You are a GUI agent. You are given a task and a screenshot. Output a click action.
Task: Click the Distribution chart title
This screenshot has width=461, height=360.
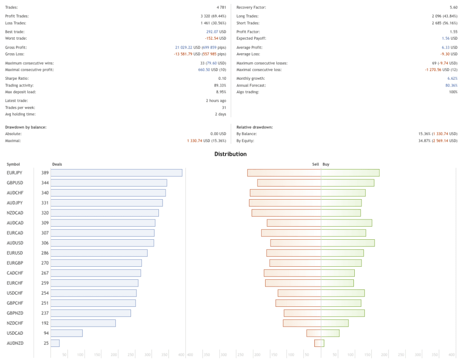pos(230,154)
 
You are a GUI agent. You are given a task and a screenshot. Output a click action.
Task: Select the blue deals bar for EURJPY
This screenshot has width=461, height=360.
pos(117,173)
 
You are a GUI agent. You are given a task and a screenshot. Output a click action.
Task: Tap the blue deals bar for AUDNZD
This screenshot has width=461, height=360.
pos(55,343)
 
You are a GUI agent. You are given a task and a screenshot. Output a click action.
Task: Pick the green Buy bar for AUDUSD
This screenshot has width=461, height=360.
pos(348,243)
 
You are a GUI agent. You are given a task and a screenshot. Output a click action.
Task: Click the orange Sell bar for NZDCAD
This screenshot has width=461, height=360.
pos(286,213)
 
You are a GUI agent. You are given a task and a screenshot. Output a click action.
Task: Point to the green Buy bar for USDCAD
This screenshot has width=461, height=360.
pos(330,333)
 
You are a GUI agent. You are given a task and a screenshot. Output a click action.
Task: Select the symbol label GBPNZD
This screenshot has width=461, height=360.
pos(15,313)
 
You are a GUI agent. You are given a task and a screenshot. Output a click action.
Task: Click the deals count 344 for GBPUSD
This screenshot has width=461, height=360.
pos(45,183)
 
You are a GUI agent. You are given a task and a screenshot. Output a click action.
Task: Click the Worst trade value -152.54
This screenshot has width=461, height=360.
pos(211,38)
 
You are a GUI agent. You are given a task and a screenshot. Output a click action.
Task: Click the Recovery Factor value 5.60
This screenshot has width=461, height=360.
pos(453,8)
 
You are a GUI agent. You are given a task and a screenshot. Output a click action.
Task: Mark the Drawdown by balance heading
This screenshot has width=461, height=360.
pos(26,127)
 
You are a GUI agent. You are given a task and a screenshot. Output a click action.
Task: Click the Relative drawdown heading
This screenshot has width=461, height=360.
pos(254,127)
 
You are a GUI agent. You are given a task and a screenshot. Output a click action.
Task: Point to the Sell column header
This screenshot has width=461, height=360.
pos(316,164)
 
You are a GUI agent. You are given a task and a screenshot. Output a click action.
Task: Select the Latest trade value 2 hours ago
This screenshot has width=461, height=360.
pos(216,100)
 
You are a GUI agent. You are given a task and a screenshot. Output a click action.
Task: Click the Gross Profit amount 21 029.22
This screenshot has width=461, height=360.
pos(184,47)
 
